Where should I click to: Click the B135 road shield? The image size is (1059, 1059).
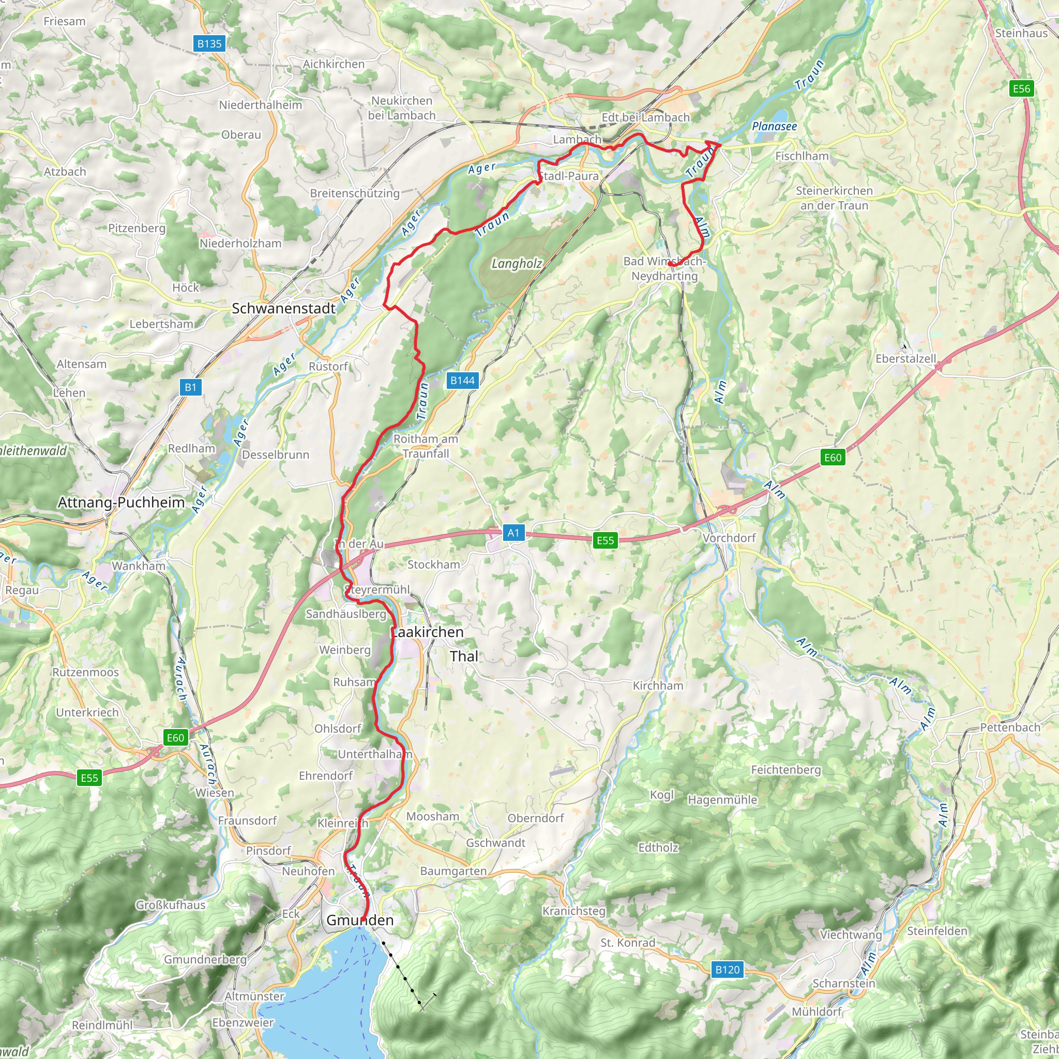[209, 44]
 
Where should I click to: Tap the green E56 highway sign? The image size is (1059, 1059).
[1021, 89]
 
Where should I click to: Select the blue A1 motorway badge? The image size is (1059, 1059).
[513, 533]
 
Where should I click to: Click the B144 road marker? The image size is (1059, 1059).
[462, 381]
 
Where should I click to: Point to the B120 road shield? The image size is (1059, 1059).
[728, 970]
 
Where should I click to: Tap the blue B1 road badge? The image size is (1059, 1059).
[190, 387]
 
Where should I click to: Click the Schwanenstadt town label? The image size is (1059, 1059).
[283, 309]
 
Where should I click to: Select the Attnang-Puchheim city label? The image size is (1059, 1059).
[121, 503]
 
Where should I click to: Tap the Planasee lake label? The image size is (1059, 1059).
[774, 127]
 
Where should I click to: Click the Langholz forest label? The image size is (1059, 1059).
[517, 264]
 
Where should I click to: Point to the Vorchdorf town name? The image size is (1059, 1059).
[729, 538]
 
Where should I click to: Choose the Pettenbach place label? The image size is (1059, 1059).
[1010, 728]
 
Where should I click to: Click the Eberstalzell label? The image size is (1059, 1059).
[905, 358]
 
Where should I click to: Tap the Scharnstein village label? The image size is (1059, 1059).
[843, 984]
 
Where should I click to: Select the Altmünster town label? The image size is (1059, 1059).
[255, 996]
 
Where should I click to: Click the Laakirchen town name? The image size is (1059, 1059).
[427, 632]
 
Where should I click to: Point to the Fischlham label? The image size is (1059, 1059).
[801, 156]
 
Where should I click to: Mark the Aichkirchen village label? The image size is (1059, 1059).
[334, 64]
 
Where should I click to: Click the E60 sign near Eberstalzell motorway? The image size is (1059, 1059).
[832, 457]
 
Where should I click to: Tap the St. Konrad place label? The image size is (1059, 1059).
[628, 943]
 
